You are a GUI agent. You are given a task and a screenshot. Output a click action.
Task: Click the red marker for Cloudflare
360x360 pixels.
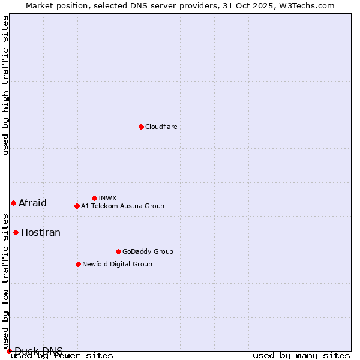click(141, 127)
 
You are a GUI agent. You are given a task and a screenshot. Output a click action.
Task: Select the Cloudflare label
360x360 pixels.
click(161, 127)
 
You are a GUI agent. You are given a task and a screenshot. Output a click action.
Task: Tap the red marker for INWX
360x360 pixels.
click(94, 198)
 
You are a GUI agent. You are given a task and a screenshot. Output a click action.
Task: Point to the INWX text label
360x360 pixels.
click(107, 198)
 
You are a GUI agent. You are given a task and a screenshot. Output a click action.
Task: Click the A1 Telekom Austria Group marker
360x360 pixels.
click(77, 206)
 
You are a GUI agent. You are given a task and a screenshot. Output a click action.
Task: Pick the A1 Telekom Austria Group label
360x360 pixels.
click(122, 206)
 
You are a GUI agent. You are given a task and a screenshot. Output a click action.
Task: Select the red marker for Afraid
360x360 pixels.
click(13, 203)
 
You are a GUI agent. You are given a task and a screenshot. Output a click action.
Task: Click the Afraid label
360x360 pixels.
click(32, 203)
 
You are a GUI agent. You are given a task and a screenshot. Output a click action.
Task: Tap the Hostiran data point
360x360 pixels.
click(16, 232)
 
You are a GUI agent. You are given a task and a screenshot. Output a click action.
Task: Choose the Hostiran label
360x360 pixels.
click(41, 232)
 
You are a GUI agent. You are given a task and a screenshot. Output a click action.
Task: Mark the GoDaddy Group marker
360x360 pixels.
click(118, 251)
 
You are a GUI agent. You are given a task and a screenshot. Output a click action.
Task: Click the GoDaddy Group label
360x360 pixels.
click(148, 251)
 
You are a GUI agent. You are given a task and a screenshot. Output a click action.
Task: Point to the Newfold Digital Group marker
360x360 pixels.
click(78, 264)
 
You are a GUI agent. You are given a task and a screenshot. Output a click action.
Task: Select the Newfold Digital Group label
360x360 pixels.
click(117, 264)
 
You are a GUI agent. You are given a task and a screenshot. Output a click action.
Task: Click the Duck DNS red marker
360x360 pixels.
click(9, 351)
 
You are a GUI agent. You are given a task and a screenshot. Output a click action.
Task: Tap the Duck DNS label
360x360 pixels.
click(38, 351)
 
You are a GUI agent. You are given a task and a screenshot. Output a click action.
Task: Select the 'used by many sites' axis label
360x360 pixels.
click(301, 356)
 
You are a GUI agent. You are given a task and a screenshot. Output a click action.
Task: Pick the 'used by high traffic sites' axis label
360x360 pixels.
click(6, 85)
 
